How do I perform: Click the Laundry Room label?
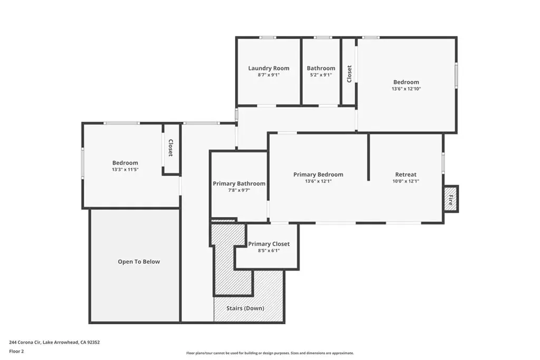(x=268, y=68)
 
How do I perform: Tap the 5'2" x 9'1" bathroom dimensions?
(x=321, y=75)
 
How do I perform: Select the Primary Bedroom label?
(x=318, y=174)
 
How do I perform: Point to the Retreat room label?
(x=406, y=174)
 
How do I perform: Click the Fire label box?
(x=450, y=199)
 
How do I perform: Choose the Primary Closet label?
(x=269, y=244)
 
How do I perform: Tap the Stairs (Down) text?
(x=245, y=308)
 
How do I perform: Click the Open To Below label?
(x=139, y=261)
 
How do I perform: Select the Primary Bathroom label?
(x=239, y=183)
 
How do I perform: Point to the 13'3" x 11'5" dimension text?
(x=125, y=169)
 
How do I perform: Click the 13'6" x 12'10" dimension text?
(x=407, y=89)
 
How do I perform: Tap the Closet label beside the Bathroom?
(x=349, y=74)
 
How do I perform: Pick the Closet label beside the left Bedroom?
(x=170, y=148)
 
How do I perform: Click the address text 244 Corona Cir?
(x=25, y=342)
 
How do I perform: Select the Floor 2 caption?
(x=16, y=352)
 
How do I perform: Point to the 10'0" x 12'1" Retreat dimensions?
(x=406, y=181)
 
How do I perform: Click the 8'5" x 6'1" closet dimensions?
(x=269, y=250)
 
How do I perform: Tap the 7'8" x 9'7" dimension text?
(x=239, y=190)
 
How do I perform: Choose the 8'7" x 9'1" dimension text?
(x=268, y=75)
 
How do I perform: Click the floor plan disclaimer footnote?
(x=270, y=353)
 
